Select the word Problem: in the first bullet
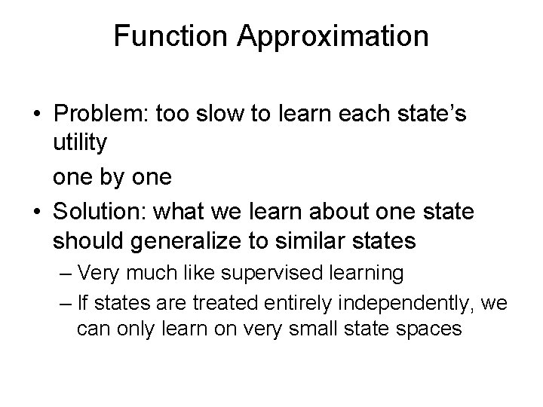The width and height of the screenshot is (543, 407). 103,115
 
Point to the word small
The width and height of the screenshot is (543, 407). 306,329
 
